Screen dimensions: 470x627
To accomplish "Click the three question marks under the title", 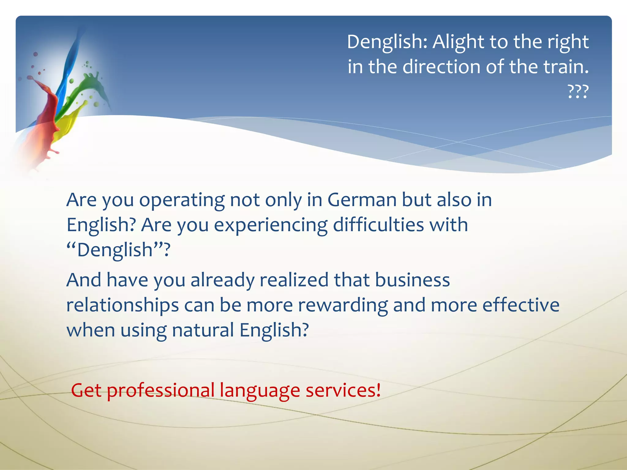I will (578, 92).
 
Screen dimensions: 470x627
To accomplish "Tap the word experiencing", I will (271, 226).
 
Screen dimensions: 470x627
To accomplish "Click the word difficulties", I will (378, 225).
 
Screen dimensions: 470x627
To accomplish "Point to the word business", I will (412, 280).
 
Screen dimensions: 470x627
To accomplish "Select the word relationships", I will (122, 305).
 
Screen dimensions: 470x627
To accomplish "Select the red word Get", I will (86, 390).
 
